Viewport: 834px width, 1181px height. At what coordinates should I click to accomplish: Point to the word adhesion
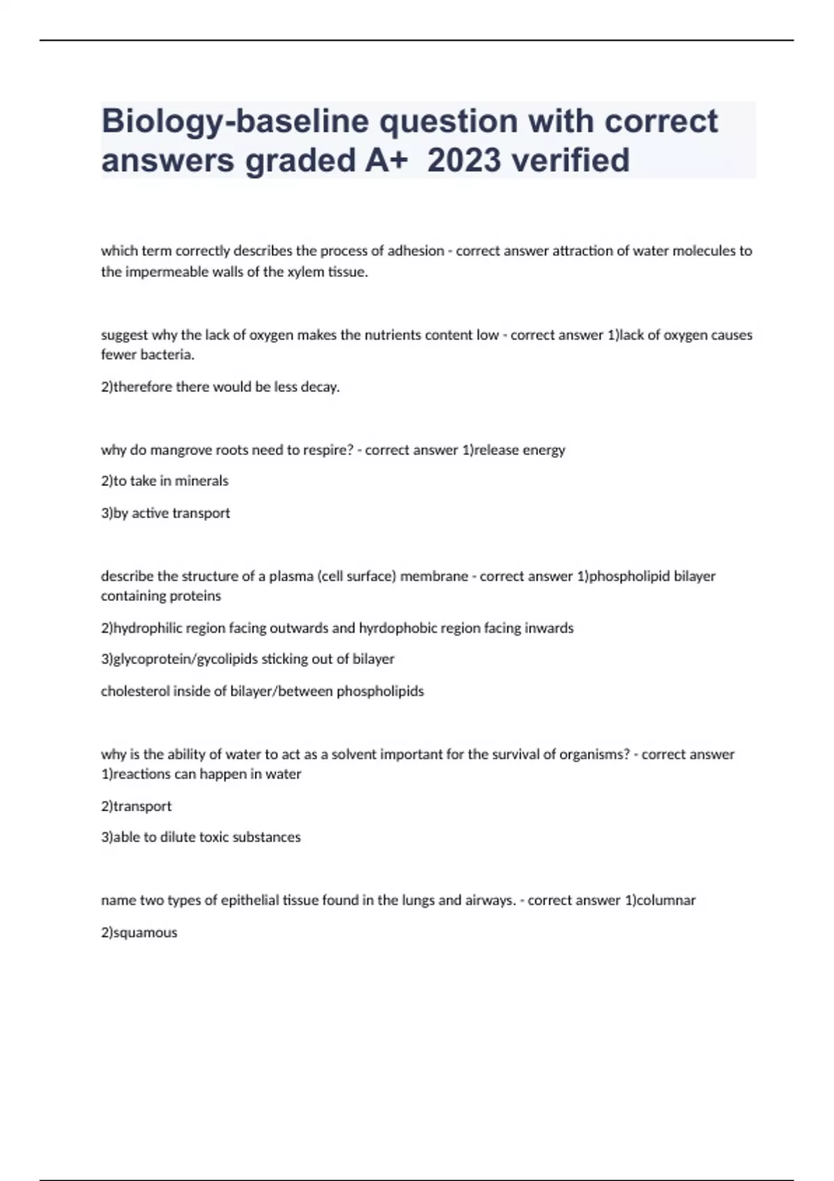coord(416,251)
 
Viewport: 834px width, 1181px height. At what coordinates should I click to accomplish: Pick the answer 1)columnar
coord(660,900)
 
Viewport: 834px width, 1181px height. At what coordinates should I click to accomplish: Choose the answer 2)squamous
coord(139,932)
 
